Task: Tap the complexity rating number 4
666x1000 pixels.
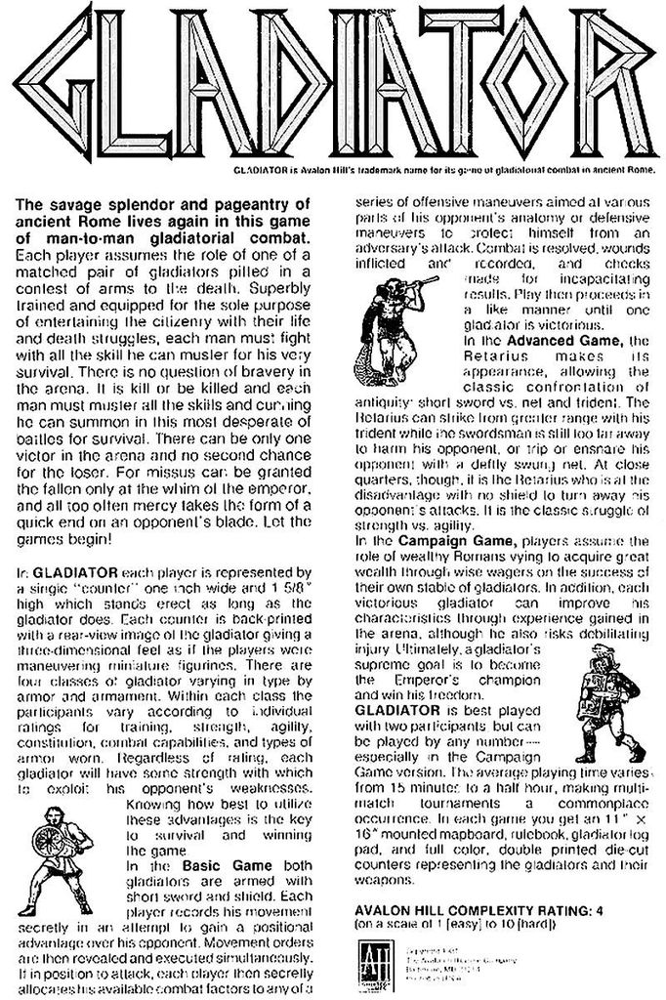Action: click(x=604, y=911)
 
